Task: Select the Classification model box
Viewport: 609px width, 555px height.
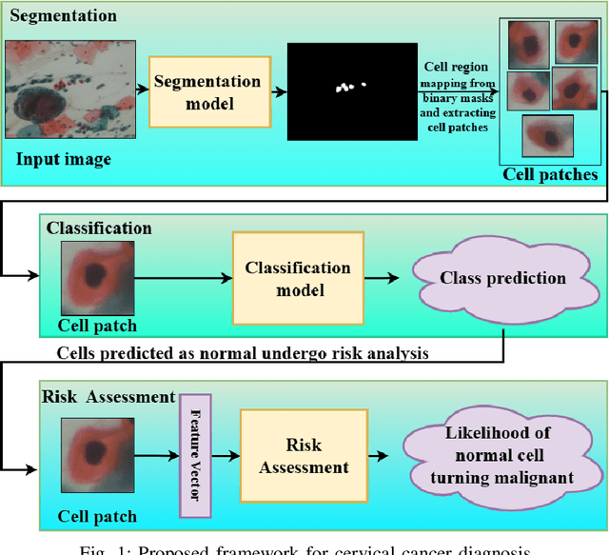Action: click(298, 278)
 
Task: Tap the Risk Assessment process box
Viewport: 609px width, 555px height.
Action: click(304, 456)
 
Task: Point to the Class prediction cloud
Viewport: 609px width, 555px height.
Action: click(502, 279)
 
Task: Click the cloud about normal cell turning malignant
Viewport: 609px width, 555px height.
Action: click(499, 456)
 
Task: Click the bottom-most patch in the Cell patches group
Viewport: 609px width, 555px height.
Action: click(549, 135)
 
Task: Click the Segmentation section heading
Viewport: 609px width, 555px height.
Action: click(64, 16)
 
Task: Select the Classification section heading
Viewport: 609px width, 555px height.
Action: click(99, 228)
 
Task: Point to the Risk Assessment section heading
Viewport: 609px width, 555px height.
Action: click(108, 396)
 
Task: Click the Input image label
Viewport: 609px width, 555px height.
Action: click(63, 158)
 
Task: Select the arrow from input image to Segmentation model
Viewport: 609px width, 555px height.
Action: click(134, 92)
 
